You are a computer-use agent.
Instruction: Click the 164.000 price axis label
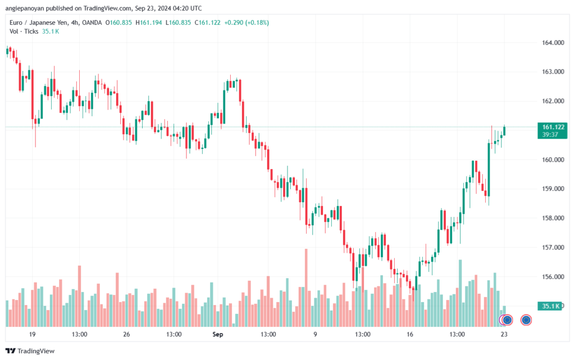click(553, 43)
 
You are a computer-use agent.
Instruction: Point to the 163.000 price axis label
click(553, 72)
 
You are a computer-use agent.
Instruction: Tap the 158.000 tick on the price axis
click(553, 218)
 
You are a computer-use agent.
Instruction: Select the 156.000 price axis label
click(553, 276)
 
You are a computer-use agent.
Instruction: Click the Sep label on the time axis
click(218, 334)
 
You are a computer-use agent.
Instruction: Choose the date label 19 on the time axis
click(32, 334)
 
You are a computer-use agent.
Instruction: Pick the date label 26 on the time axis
click(126, 334)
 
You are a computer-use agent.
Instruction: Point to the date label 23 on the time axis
click(504, 334)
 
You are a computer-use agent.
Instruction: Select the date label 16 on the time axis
click(410, 334)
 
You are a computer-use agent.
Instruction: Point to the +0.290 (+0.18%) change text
click(247, 22)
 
